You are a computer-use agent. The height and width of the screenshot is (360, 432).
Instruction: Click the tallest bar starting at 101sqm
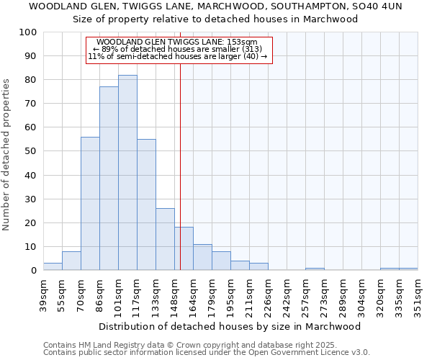point(127,173)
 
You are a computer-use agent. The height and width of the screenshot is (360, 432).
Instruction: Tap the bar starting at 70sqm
point(90,204)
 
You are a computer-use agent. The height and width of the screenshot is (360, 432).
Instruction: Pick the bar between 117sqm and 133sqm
point(146,204)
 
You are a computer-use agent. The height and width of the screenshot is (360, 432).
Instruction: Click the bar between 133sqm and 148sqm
point(165,239)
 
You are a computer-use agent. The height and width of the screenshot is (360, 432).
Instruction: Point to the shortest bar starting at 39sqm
point(53,266)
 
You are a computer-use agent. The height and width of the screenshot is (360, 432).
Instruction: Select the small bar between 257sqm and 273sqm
point(315,269)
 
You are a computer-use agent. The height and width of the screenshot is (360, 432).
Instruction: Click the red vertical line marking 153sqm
point(180,180)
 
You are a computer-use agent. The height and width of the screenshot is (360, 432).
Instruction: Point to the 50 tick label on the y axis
point(30,151)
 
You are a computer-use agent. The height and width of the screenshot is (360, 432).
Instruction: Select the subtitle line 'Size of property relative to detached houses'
point(215,19)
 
